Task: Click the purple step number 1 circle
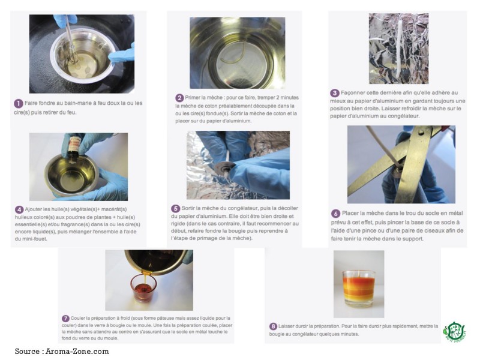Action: click(x=18, y=103)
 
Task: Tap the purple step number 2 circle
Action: click(x=179, y=98)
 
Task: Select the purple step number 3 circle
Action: click(x=335, y=93)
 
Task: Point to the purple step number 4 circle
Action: click(x=19, y=209)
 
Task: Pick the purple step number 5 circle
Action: click(x=175, y=208)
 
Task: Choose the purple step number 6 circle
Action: click(x=335, y=214)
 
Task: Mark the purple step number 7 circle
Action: click(x=65, y=319)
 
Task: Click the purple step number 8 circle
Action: click(x=273, y=326)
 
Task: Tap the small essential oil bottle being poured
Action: click(x=74, y=148)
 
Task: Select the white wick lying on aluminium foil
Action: click(x=399, y=50)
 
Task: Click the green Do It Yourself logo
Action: click(x=454, y=332)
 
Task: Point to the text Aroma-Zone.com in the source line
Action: click(x=77, y=352)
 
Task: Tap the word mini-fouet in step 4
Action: click(x=35, y=239)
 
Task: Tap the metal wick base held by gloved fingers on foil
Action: click(x=225, y=168)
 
